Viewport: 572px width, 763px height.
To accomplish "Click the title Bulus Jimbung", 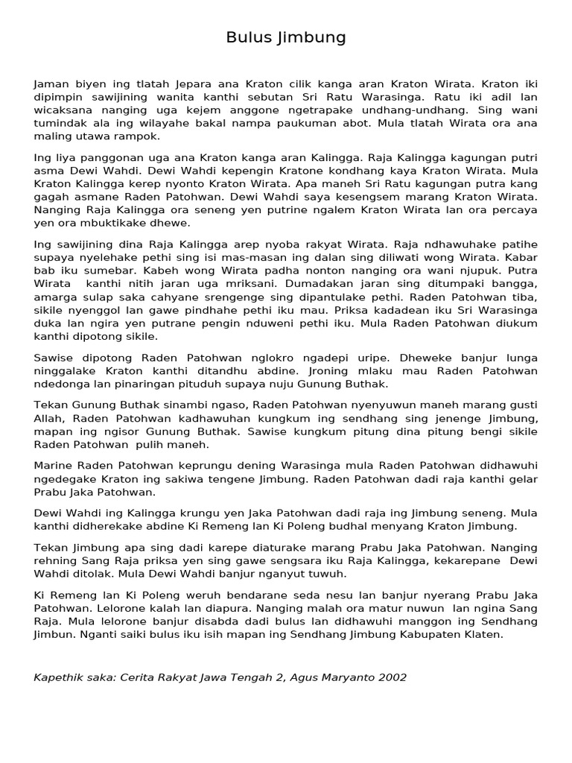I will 286,37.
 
